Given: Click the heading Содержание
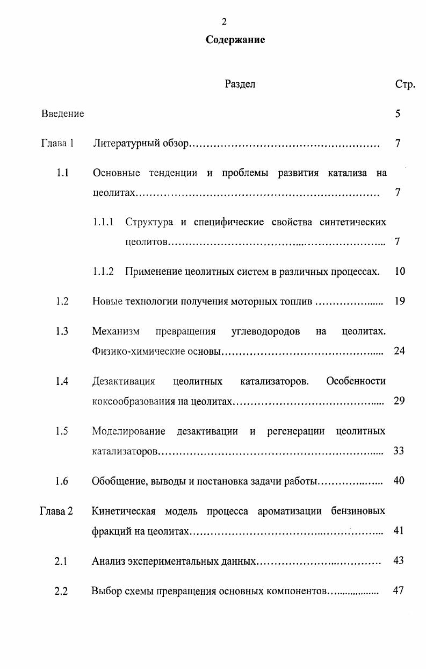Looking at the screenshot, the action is click(235, 40).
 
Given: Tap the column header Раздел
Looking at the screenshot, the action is click(240, 84).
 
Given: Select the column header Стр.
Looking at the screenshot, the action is click(405, 84).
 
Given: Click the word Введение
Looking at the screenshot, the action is click(62, 113).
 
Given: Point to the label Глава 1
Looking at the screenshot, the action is click(57, 144).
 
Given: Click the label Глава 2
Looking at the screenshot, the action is click(56, 511).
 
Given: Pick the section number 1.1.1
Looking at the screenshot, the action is click(103, 222).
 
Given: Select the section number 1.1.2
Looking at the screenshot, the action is click(103, 272).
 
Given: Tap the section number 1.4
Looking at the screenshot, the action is click(62, 381).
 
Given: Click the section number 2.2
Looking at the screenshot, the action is click(61, 591).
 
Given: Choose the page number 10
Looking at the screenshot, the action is click(399, 272).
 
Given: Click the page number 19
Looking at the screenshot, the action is click(399, 301).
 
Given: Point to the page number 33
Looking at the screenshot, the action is click(398, 451).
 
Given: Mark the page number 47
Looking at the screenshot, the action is click(398, 590).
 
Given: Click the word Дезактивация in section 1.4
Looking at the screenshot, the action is click(124, 381).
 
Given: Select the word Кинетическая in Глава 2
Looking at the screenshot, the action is click(124, 511).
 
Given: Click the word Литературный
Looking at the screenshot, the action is click(124, 144).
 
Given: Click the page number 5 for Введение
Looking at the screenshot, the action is click(398, 113).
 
